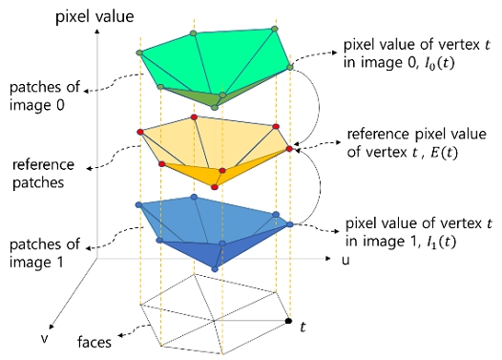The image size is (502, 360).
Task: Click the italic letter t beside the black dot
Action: (303, 327)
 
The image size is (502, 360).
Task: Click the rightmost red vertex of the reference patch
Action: (288, 150)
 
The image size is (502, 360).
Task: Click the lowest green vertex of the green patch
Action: (214, 107)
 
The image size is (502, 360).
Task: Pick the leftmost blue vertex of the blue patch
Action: (140, 205)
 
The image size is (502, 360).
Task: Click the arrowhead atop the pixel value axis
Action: (94, 28)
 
